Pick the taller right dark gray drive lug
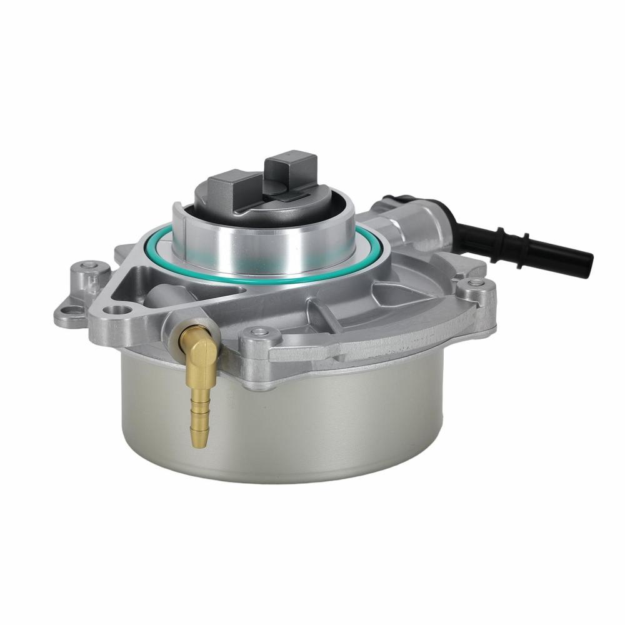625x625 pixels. coord(288,169)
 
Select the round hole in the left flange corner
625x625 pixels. coord(116,311)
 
